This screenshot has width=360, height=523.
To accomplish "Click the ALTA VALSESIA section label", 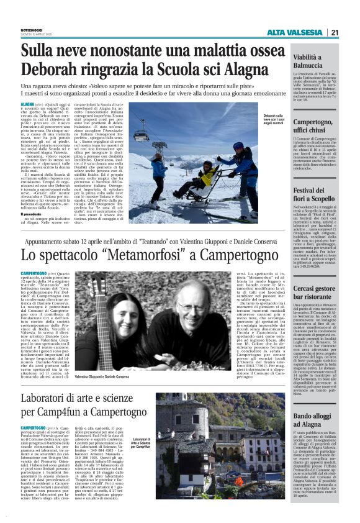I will [x=295, y=32].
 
